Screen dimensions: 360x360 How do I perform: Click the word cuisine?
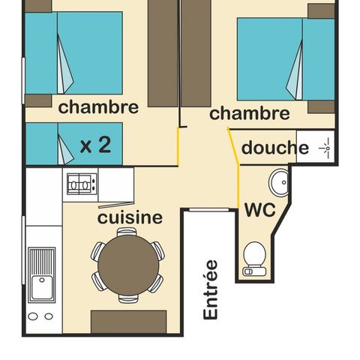point(130,217)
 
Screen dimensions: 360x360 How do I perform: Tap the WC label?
point(260,209)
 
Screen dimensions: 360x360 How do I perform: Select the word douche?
point(275,148)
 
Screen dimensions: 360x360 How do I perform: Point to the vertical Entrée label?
point(211,289)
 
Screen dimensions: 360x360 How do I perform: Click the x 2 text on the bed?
point(95,145)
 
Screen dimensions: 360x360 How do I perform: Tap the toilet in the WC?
point(254,259)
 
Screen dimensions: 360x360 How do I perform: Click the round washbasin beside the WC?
point(279,182)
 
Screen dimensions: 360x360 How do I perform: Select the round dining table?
point(128,265)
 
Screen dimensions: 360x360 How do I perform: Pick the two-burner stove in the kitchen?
point(82,184)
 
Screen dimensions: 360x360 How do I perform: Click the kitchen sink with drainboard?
point(41,274)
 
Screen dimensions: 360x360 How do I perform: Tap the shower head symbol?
point(326,148)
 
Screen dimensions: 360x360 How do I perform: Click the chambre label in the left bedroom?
point(98,107)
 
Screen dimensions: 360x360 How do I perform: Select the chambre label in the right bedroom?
point(250,113)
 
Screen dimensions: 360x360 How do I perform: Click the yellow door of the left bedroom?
point(178,146)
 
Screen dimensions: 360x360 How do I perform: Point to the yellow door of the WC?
point(238,186)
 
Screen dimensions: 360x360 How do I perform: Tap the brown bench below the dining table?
point(128,322)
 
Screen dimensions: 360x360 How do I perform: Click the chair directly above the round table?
point(127,232)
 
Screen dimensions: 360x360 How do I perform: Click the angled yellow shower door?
point(233,146)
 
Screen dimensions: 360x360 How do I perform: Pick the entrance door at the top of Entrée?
point(209,210)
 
